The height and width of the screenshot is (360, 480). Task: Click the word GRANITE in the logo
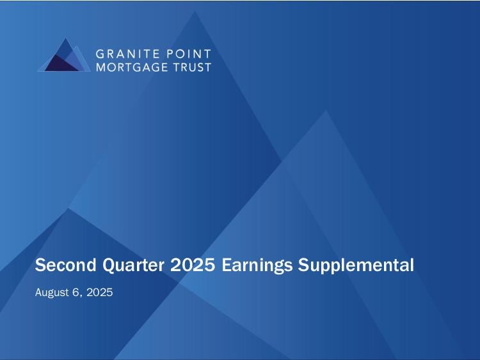[x=128, y=54]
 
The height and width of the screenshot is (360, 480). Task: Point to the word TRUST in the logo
[x=192, y=67]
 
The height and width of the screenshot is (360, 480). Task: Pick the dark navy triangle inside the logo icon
[x=60, y=64]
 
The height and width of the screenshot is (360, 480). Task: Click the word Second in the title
[x=66, y=265]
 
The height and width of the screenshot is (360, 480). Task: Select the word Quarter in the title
[x=133, y=265]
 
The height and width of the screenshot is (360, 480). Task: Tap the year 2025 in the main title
[x=193, y=265]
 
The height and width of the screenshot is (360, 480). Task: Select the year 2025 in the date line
[x=99, y=292]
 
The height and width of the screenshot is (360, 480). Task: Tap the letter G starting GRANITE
[x=100, y=54]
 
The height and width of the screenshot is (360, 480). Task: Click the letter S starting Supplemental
[x=303, y=265]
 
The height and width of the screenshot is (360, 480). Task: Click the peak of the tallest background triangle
[x=195, y=11]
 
